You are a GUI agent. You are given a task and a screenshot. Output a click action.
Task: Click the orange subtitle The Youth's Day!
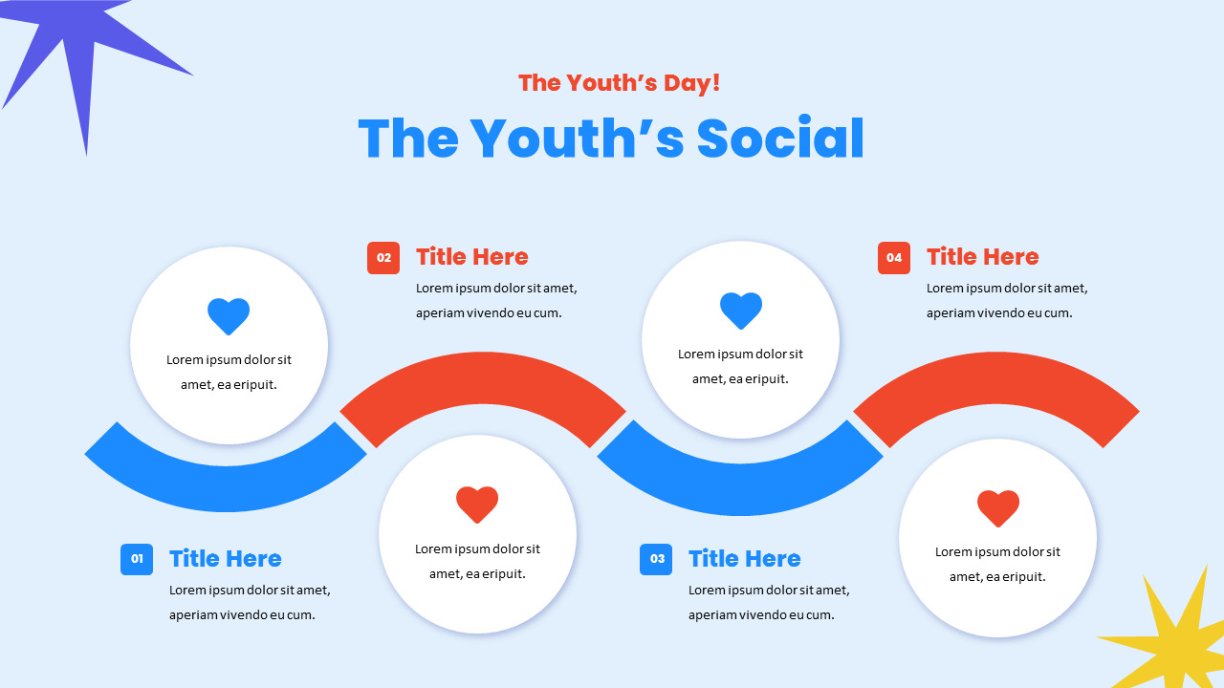pyautogui.click(x=619, y=83)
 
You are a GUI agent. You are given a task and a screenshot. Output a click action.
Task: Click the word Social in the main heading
pyautogui.click(x=780, y=139)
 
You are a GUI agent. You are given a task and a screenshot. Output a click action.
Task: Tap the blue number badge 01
pyautogui.click(x=137, y=559)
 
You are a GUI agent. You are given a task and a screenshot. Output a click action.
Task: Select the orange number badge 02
pyautogui.click(x=383, y=257)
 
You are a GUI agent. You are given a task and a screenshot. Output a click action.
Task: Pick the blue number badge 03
pyautogui.click(x=656, y=559)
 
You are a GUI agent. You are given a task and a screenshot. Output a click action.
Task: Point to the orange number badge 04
pyautogui.click(x=894, y=257)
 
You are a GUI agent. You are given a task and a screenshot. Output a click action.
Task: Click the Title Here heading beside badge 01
pyautogui.click(x=226, y=559)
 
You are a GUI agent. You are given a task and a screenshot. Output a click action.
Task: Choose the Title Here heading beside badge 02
pyautogui.click(x=472, y=257)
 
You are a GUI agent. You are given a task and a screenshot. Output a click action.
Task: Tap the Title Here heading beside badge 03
pyautogui.click(x=745, y=559)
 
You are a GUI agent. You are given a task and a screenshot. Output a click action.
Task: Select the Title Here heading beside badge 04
pyautogui.click(x=983, y=257)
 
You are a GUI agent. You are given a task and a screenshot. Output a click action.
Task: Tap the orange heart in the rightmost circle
pyautogui.click(x=998, y=508)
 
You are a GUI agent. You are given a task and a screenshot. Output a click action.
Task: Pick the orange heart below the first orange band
pyautogui.click(x=477, y=505)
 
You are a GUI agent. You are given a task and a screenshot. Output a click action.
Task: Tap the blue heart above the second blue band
pyautogui.click(x=741, y=311)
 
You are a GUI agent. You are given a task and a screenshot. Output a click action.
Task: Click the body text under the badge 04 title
pyautogui.click(x=1007, y=300)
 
